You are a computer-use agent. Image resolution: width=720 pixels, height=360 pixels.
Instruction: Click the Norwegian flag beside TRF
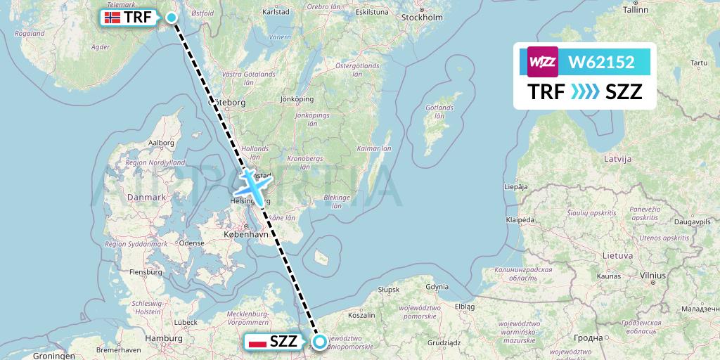[112, 19]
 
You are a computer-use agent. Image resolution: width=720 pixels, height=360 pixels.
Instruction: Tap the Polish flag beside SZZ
[257, 342]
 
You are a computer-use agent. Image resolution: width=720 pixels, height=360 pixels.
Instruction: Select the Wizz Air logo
[542, 62]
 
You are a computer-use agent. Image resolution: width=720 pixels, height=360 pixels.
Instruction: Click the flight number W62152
[601, 63]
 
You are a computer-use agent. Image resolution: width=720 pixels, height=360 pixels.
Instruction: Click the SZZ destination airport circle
[320, 342]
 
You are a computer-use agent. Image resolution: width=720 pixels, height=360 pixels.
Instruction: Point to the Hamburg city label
[163, 338]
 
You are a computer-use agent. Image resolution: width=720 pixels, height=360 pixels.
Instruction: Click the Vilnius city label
[652, 276]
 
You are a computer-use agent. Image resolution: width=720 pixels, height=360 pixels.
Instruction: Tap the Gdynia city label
[436, 286]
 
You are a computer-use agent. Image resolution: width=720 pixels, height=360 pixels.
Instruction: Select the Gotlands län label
[440, 112]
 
